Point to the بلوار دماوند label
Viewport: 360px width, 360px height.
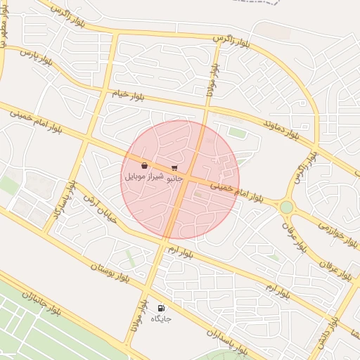click(x=281, y=127)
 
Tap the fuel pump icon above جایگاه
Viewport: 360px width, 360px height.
click(x=162, y=308)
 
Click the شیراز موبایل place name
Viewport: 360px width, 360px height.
click(x=144, y=176)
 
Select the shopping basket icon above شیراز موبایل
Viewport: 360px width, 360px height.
click(x=144, y=166)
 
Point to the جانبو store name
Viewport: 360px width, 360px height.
click(x=174, y=178)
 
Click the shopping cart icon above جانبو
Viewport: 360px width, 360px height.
click(x=174, y=168)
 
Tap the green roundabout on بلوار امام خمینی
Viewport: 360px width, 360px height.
click(x=286, y=207)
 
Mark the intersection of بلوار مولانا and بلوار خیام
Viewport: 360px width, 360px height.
click(x=207, y=108)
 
